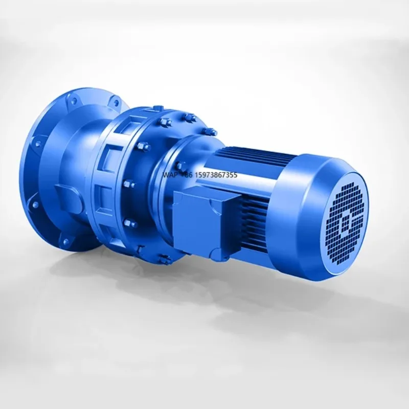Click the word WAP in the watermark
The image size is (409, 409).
170,175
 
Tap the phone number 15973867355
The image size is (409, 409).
215,175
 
